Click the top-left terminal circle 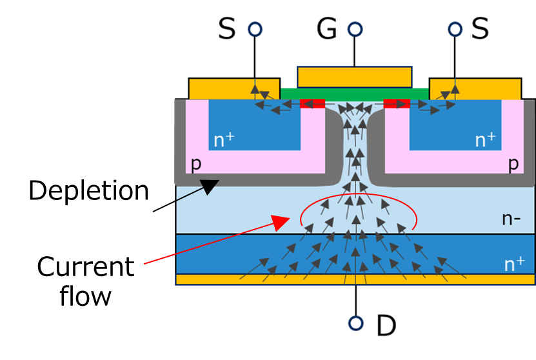(x=255, y=29)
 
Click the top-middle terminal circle (x=355, y=29)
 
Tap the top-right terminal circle (x=455, y=29)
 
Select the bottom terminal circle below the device (x=355, y=323)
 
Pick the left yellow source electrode (x=219, y=89)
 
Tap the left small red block (x=313, y=103)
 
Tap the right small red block (x=396, y=103)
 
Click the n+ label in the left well (x=224, y=140)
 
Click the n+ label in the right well (x=485, y=140)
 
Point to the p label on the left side (x=195, y=164)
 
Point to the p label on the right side (x=513, y=164)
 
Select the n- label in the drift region (x=511, y=219)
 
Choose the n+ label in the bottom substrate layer (x=513, y=263)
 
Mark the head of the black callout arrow (x=210, y=186)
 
